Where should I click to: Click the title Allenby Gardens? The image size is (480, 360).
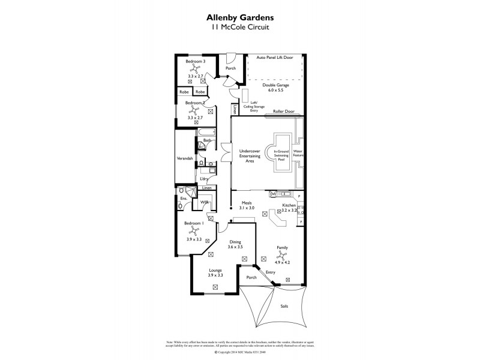tap(240, 17)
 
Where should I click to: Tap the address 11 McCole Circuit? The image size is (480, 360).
tap(240, 28)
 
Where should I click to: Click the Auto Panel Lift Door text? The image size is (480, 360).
tap(275, 58)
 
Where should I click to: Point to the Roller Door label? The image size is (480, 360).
tap(284, 112)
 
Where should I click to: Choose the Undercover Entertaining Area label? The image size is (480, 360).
tap(248, 155)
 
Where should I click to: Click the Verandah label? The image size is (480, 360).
tap(184, 158)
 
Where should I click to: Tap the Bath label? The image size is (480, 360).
tap(206, 140)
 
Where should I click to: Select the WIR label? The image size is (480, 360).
tap(204, 203)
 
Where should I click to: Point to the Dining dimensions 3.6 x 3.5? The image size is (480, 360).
tap(235, 247)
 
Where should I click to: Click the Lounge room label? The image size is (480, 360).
tap(215, 270)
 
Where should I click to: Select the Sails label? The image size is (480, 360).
tap(284, 305)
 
